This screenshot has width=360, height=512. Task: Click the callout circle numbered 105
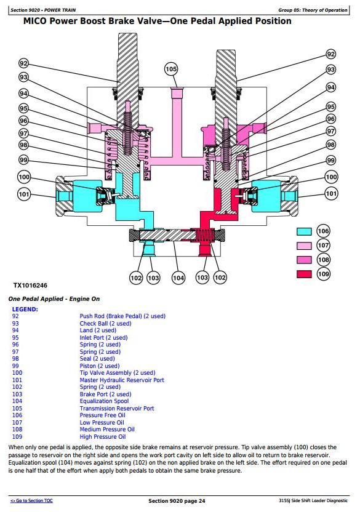[171, 69]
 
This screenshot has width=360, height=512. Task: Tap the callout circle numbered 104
[178, 278]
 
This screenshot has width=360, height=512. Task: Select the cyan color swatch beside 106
[304, 231]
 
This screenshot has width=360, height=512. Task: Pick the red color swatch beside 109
[304, 274]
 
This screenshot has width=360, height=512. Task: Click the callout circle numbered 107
[324, 245]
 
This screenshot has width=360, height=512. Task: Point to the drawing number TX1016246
[30, 286]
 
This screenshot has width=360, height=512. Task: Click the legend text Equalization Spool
[104, 401]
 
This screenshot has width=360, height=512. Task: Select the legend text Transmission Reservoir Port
[117, 408]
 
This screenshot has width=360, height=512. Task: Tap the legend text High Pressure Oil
[103, 436]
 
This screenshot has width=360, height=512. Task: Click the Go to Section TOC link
[31, 500]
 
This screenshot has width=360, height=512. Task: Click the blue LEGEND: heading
[25, 309]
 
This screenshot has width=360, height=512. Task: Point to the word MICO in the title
[35, 21]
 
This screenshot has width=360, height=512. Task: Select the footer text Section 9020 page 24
[177, 501]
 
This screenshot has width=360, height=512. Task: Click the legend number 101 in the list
[17, 380]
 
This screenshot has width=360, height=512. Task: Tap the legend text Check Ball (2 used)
[105, 323]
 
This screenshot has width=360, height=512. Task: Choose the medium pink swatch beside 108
[304, 260]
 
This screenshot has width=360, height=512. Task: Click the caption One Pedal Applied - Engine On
[54, 299]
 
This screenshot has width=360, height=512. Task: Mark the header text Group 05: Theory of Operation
[313, 10]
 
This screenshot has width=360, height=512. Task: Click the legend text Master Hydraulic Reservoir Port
[122, 380]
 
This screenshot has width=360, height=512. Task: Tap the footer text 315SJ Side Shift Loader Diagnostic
[313, 500]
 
